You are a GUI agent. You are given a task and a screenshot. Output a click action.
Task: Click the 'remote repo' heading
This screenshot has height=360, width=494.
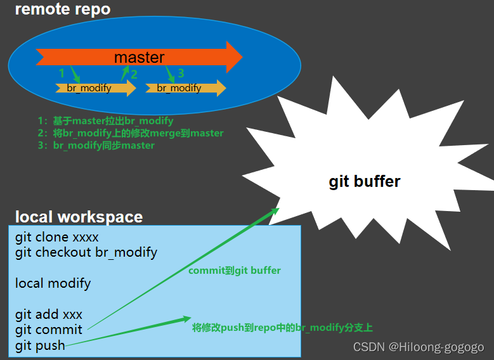(63, 10)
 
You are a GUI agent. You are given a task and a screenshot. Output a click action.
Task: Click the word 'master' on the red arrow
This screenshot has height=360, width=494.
(139, 57)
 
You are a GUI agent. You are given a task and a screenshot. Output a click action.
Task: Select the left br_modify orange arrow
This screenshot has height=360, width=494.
(95, 88)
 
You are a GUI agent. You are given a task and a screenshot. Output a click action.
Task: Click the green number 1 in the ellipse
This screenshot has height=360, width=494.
(62, 74)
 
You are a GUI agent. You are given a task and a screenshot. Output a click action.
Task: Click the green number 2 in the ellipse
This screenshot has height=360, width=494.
(134, 74)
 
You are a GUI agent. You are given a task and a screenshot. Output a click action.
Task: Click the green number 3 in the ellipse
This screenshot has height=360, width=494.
(181, 73)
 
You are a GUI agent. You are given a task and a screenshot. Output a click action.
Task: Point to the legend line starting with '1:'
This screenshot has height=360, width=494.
(105, 120)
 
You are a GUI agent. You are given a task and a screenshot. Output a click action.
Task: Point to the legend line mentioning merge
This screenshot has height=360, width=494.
(130, 133)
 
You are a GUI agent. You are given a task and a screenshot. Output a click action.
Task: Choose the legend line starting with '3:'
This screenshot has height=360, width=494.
(96, 145)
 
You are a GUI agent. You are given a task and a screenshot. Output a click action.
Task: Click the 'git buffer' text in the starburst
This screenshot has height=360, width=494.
(365, 181)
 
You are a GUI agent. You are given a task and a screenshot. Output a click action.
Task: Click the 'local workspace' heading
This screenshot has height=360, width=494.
(79, 217)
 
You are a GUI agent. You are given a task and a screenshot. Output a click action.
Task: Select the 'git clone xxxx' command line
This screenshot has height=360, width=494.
(57, 238)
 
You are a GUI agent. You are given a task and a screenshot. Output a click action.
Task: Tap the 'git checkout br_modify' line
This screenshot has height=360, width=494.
(86, 252)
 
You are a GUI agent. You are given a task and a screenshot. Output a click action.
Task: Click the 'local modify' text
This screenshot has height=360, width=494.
(53, 283)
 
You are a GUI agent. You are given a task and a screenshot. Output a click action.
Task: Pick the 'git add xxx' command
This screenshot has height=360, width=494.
(49, 314)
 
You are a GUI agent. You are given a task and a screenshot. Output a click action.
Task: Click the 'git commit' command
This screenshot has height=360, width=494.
(49, 330)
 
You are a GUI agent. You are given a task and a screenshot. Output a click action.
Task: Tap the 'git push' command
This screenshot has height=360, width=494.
(40, 345)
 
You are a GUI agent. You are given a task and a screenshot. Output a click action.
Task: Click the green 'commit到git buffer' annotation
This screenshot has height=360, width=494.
(235, 271)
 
